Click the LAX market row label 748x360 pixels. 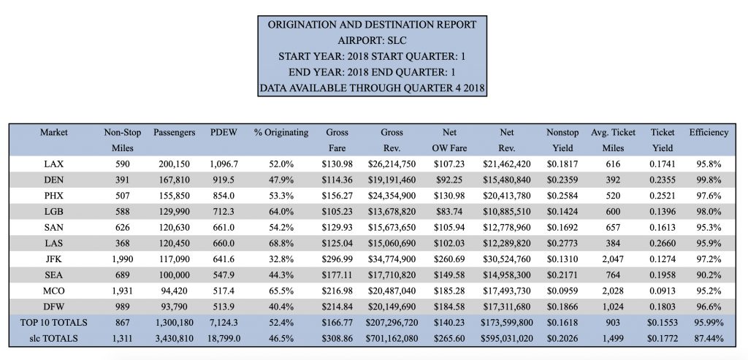pyautogui.click(x=53, y=164)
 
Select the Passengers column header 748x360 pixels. pyautogui.click(x=174, y=133)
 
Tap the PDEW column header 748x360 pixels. pyautogui.click(x=224, y=133)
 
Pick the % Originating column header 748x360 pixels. pyautogui.click(x=281, y=133)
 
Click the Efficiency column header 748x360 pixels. pyautogui.click(x=709, y=133)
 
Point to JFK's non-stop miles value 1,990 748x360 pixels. pyautogui.click(x=123, y=259)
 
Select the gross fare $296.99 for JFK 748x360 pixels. pyautogui.click(x=337, y=259)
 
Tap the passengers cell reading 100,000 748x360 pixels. pyautogui.click(x=174, y=275)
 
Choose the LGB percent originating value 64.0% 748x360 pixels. pyautogui.click(x=281, y=212)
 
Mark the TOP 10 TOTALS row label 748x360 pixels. pyautogui.click(x=53, y=323)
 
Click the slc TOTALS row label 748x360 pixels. pyautogui.click(x=53, y=339)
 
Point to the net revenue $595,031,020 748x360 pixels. pyautogui.click(x=506, y=339)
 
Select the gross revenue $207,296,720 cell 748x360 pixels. pyautogui.click(x=392, y=323)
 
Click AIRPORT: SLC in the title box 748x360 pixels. pyautogui.click(x=372, y=41)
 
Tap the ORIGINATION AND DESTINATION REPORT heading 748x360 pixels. pyautogui.click(x=372, y=25)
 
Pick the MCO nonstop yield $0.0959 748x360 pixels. pyautogui.click(x=562, y=291)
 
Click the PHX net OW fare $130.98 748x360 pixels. pyautogui.click(x=449, y=196)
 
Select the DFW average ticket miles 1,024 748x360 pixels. pyautogui.click(x=613, y=307)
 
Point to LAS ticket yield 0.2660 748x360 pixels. pyautogui.click(x=663, y=243)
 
